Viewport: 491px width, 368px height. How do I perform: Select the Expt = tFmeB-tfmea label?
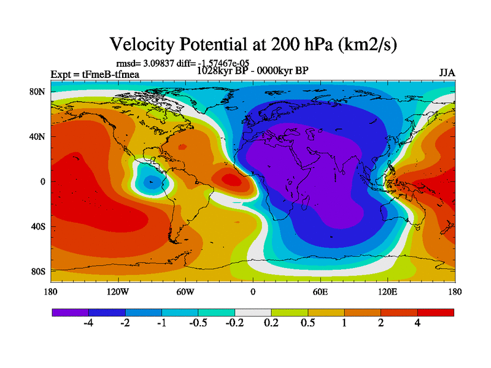[95, 74]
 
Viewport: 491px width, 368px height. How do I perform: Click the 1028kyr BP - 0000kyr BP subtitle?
[252, 70]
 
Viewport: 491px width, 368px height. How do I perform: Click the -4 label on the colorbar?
[88, 324]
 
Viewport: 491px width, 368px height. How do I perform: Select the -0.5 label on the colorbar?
[198, 324]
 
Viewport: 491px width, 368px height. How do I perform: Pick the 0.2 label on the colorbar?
[271, 324]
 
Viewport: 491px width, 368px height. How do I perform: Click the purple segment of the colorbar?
[70, 312]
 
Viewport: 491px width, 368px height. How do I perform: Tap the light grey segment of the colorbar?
[253, 312]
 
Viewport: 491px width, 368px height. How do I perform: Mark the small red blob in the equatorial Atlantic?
[231, 180]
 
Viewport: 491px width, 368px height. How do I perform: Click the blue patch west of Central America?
[150, 181]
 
